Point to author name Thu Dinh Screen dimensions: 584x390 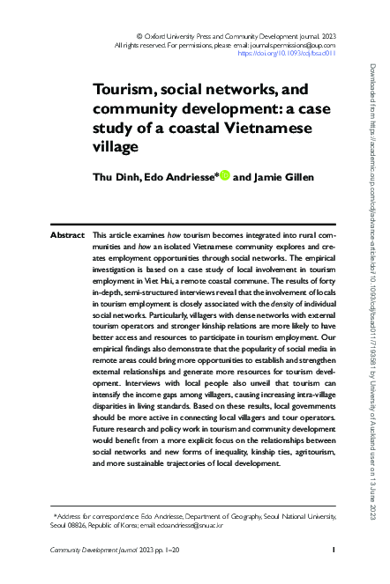point(115,177)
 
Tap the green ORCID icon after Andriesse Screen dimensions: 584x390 point(225,176)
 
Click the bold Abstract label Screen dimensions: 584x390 point(67,211)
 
